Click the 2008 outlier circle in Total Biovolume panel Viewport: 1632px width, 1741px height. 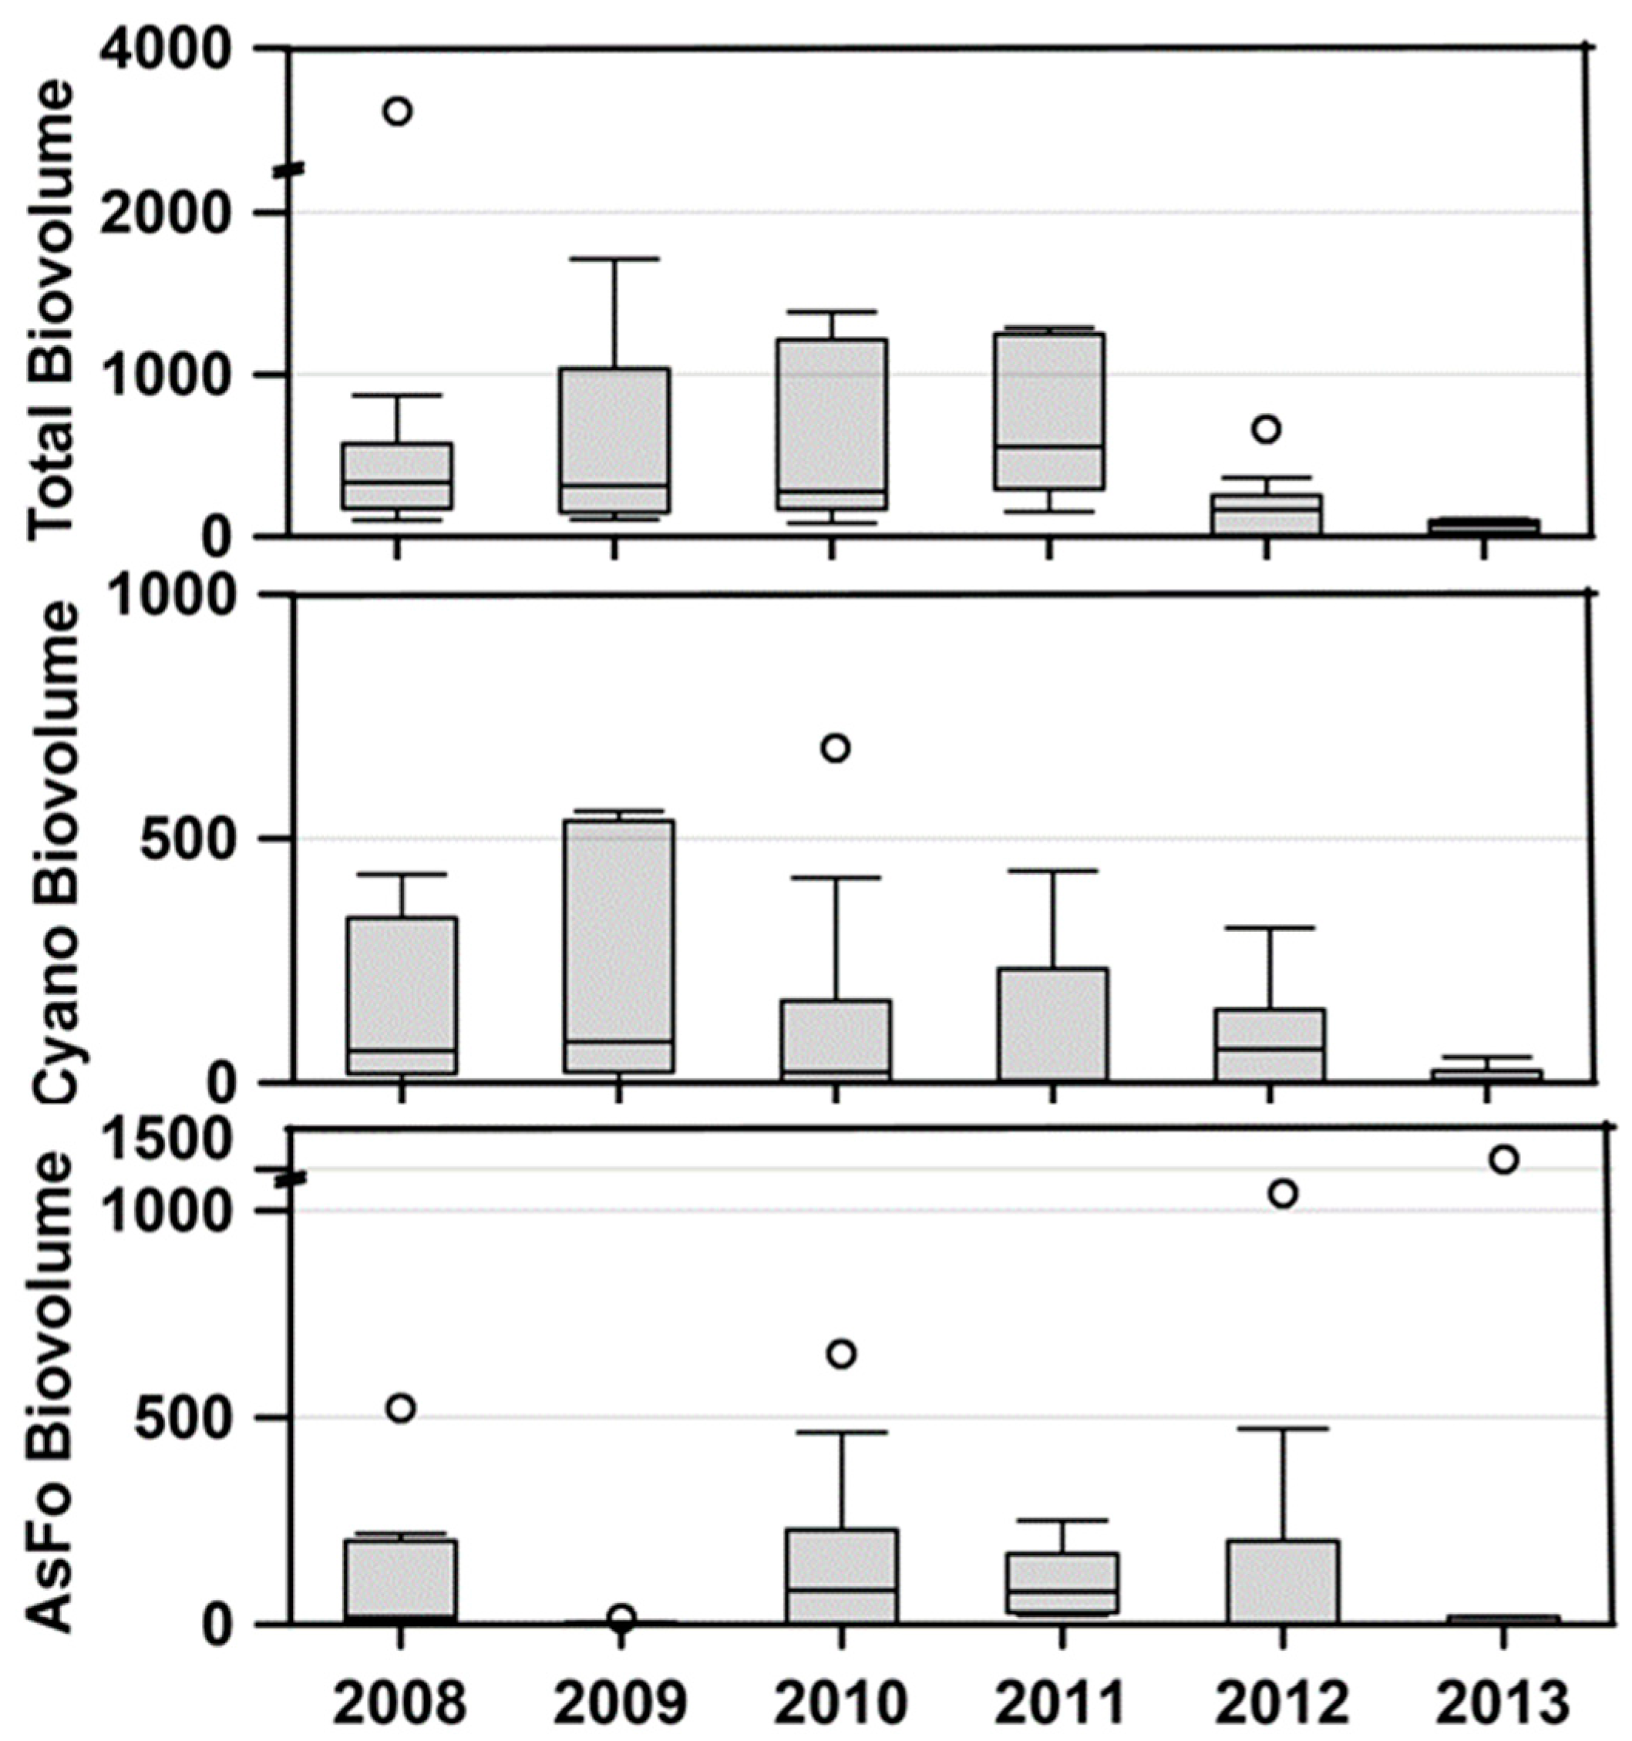pos(398,111)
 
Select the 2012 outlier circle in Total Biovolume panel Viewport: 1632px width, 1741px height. pos(1266,429)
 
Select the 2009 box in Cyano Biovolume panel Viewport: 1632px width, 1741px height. pos(618,946)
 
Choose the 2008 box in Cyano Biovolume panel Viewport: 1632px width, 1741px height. pos(401,996)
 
